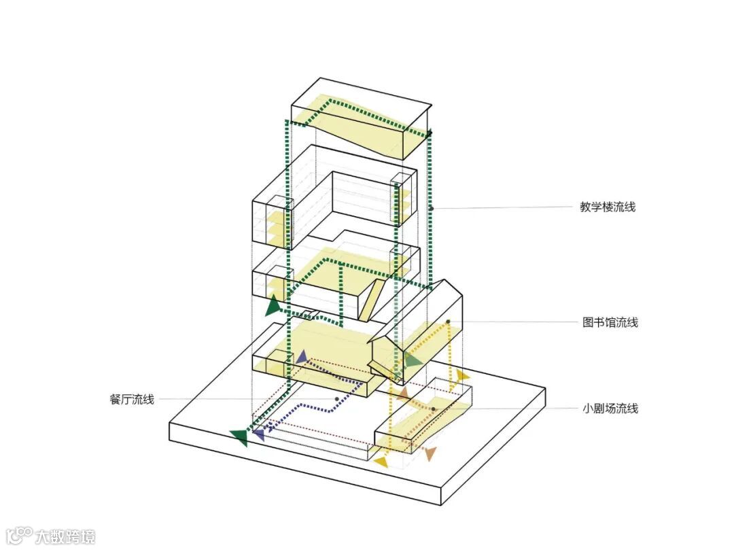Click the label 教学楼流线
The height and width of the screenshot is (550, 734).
pos(608,207)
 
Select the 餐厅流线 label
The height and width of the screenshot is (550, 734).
pos(131,399)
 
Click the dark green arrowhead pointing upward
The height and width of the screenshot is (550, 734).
pos(273,306)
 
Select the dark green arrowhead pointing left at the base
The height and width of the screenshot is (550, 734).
pos(240,437)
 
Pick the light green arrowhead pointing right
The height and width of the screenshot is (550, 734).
pos(413,360)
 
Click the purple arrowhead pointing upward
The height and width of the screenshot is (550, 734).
pos(301,357)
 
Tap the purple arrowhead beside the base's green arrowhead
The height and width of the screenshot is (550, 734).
pos(258,434)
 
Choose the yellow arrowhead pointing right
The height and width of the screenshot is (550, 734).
pos(462,375)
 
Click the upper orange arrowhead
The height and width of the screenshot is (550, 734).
pos(403,393)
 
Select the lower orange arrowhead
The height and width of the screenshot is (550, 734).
pos(430,453)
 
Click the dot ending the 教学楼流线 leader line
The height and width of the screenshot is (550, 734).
pos(431,207)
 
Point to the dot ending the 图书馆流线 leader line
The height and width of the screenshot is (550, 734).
pos(449,322)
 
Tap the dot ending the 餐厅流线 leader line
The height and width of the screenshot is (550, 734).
pos(336,399)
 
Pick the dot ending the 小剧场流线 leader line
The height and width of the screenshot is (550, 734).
pos(434,409)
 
